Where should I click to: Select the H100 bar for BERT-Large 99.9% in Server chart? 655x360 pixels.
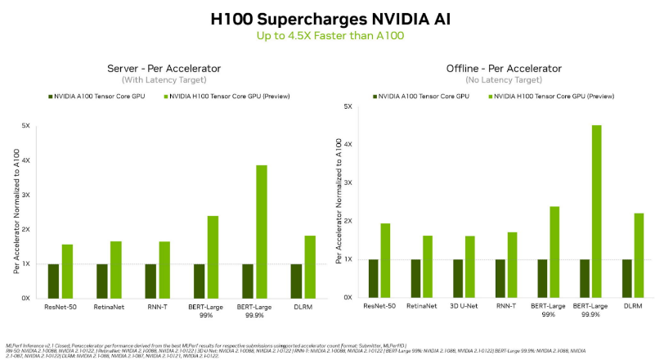pos(262,232)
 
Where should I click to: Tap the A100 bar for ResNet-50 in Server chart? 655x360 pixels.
pos(53,281)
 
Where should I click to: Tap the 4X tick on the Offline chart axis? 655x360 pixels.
pos(348,145)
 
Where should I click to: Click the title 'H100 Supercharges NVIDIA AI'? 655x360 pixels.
pos(327,18)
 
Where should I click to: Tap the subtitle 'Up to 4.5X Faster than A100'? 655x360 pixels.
pos(327,36)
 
